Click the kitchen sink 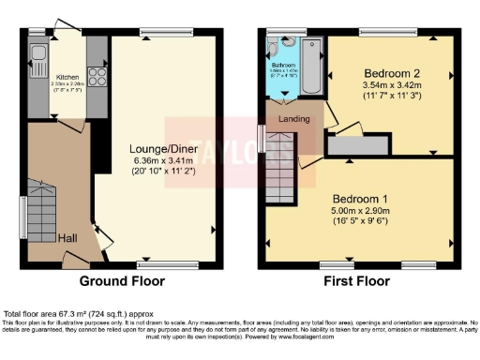click(x=37, y=51)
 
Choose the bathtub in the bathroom click(x=313, y=67)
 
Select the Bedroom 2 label click(x=391, y=71)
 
